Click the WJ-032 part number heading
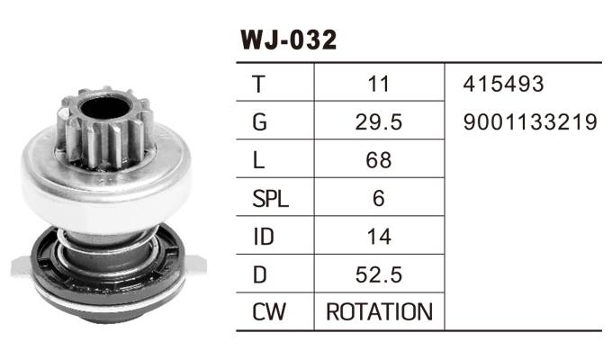[x=288, y=40]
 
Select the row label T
[x=260, y=84]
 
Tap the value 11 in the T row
[x=379, y=84]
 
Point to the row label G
[x=261, y=121]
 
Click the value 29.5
[x=379, y=121]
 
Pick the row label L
[x=259, y=160]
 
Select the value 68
[x=379, y=160]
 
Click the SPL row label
[x=270, y=199]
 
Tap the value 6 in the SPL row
[x=379, y=199]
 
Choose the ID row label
[x=264, y=237]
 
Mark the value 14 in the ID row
[x=379, y=237]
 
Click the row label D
[x=260, y=274]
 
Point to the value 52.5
[x=379, y=274]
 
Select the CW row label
[x=268, y=312]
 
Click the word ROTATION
[x=379, y=312]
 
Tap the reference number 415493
[x=504, y=84]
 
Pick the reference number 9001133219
[x=531, y=121]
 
